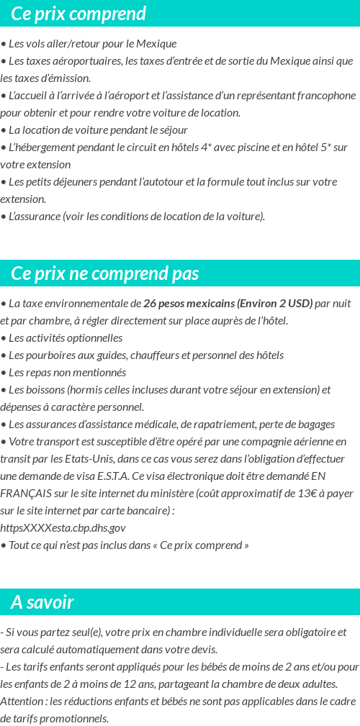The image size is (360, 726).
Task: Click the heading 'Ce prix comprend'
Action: (78, 14)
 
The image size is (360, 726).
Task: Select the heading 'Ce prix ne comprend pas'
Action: (105, 273)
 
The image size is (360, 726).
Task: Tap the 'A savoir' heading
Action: (42, 602)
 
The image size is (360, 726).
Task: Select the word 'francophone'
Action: (325, 95)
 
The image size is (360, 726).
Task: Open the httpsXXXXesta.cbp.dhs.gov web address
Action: (63, 527)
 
